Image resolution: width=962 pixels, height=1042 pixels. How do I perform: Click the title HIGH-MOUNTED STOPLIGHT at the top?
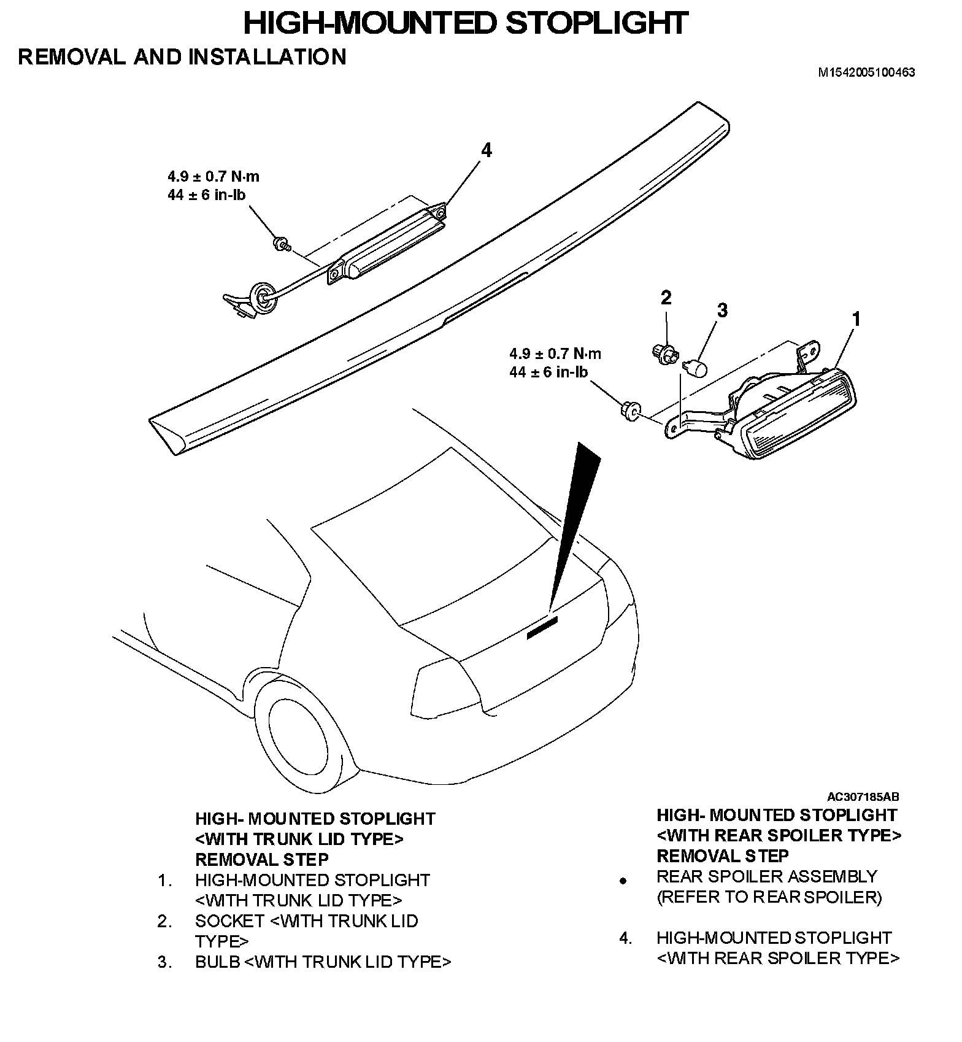pyautogui.click(x=465, y=24)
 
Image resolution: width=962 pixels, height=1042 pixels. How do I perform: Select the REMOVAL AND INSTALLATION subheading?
pyautogui.click(x=182, y=57)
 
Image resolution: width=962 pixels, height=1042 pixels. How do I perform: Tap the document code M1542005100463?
pyautogui.click(x=866, y=72)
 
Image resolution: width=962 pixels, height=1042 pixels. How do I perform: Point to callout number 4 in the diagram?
pyautogui.click(x=486, y=150)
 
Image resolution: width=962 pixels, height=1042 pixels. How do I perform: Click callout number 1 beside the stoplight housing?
pyautogui.click(x=856, y=319)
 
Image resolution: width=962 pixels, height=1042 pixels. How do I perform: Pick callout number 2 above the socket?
pyautogui.click(x=666, y=298)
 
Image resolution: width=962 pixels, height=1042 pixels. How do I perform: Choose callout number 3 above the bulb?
pyautogui.click(x=722, y=311)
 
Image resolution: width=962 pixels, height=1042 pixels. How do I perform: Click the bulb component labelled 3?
pyautogui.click(x=696, y=368)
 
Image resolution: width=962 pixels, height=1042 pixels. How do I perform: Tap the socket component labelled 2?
pyautogui.click(x=664, y=354)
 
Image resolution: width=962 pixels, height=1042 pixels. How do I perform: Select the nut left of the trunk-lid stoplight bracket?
pyautogui.click(x=630, y=411)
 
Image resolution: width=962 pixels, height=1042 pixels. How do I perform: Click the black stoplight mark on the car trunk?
pyautogui.click(x=542, y=629)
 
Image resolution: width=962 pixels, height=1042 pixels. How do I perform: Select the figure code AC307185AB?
pyautogui.click(x=863, y=797)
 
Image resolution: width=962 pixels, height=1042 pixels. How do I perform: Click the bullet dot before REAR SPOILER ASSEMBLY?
pyautogui.click(x=623, y=881)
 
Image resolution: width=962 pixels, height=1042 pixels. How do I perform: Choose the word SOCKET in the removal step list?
pyautogui.click(x=229, y=921)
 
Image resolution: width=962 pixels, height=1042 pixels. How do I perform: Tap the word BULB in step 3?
pyautogui.click(x=217, y=962)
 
